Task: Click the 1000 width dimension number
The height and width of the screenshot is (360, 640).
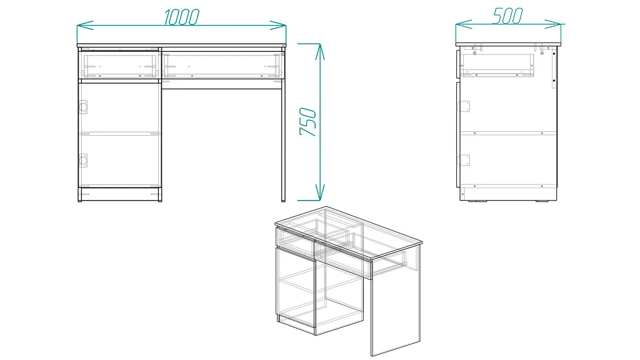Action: [182, 17]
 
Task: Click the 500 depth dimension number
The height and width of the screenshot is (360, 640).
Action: [507, 16]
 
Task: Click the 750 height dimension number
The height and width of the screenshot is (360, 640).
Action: [308, 122]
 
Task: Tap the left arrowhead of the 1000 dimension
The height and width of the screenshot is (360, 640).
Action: [85, 26]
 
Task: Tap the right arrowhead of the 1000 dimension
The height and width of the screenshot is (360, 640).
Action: [278, 25]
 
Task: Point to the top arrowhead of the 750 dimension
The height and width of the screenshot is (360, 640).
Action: [321, 52]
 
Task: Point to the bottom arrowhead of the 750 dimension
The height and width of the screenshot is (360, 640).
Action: [321, 192]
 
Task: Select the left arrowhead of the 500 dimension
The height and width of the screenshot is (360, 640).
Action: [464, 24]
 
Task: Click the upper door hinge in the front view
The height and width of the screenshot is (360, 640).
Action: [83, 107]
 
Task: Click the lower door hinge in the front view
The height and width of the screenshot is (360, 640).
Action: [83, 161]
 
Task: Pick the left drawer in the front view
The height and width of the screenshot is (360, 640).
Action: [119, 64]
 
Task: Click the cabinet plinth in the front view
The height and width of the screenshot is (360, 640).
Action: [120, 194]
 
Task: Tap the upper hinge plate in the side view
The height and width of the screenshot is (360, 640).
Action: [464, 106]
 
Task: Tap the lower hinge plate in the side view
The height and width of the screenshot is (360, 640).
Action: [464, 160]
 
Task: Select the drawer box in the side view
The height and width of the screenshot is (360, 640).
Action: [497, 65]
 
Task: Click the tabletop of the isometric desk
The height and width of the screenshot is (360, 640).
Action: [349, 232]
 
